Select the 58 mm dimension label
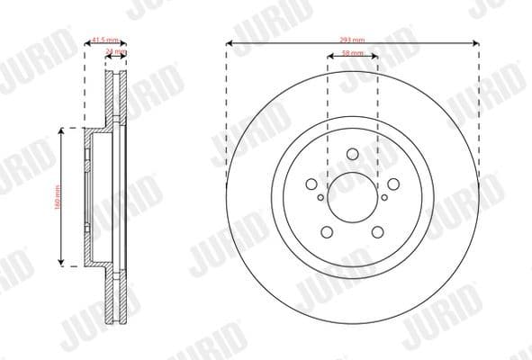[x=352, y=54]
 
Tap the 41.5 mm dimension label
[x=104, y=39]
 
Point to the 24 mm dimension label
[x=115, y=52]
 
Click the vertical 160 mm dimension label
[x=57, y=196]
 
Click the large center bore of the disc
[x=352, y=196]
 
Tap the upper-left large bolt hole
[x=312, y=184]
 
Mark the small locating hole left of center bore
[x=320, y=196]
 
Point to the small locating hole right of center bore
[x=384, y=196]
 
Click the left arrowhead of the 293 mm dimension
[x=230, y=43]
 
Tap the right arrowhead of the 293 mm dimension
[x=474, y=43]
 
